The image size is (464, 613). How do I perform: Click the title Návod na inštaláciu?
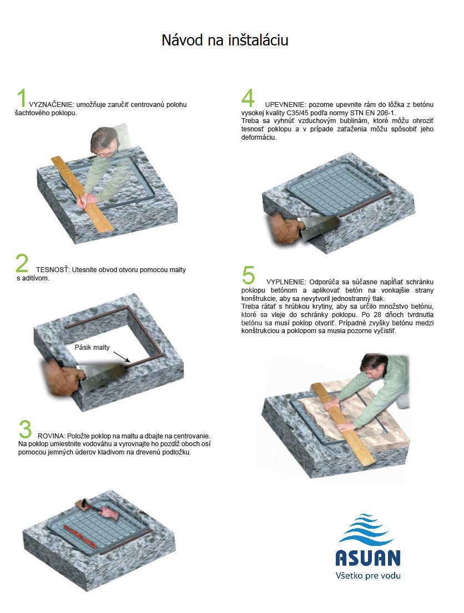tap(225, 40)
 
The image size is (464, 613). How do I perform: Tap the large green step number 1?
tap(22, 98)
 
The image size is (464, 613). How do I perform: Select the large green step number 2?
tap(22, 263)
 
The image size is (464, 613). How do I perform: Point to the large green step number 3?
tap(25, 429)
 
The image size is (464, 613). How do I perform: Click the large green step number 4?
tap(248, 98)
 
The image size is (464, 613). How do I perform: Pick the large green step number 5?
tap(248, 275)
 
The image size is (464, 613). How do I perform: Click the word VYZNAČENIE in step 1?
tap(51, 104)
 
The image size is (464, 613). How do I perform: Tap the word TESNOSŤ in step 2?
tap(53, 270)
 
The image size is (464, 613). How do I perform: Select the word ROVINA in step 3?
tap(51, 436)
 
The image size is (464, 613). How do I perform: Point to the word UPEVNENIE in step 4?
tap(285, 104)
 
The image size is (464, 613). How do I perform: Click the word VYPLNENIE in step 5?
tap(286, 282)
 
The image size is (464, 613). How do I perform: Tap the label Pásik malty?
tap(92, 347)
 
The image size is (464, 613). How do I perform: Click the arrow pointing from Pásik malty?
tap(122, 356)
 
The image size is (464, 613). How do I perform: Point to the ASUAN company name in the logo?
tap(367, 558)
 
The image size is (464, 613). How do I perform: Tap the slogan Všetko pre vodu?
tap(368, 575)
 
